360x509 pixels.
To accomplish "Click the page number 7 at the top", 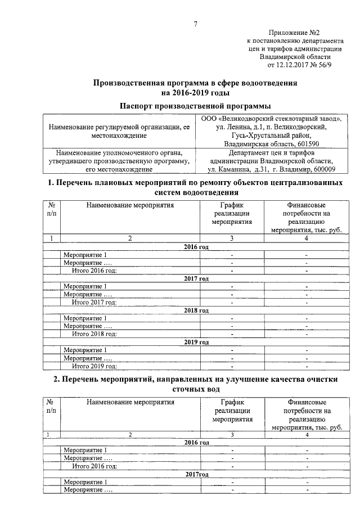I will point(195,24).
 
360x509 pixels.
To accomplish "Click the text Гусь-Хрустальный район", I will point(272,136).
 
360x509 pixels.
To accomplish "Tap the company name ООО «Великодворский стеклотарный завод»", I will point(272,119).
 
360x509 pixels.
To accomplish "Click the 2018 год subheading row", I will point(196,310).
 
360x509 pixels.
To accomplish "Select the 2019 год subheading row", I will point(196,342).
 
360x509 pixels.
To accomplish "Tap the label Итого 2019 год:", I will point(94,366).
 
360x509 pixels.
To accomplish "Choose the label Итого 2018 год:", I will point(94,334).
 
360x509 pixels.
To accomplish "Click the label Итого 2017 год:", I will point(94,303).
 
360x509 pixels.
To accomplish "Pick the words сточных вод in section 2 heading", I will point(195,389).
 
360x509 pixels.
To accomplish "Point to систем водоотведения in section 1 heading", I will point(195,193).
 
